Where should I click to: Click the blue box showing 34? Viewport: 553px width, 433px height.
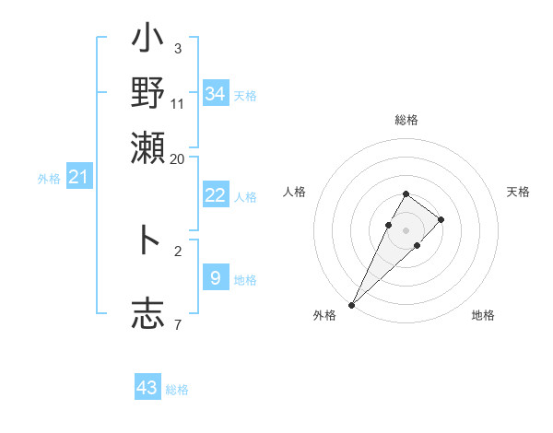point(216,94)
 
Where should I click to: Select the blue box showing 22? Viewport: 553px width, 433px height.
point(216,195)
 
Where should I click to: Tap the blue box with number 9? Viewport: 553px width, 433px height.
point(216,277)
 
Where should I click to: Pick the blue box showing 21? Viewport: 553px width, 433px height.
point(78,177)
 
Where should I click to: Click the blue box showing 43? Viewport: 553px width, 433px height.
point(147,388)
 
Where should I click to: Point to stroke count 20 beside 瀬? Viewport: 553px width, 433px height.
point(177,158)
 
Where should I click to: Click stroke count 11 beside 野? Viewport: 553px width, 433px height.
point(177,103)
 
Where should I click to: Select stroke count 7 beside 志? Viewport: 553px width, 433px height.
point(177,324)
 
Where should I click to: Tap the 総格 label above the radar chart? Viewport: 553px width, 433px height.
point(406,121)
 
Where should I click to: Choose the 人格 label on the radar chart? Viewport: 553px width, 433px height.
point(295,192)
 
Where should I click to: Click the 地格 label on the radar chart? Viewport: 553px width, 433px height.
point(483,316)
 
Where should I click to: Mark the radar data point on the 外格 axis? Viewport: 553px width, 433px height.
point(352,304)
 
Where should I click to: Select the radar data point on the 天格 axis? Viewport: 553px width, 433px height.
point(441,219)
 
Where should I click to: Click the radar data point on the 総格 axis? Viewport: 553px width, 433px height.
point(406,193)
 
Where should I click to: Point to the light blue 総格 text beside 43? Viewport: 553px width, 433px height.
point(177,390)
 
